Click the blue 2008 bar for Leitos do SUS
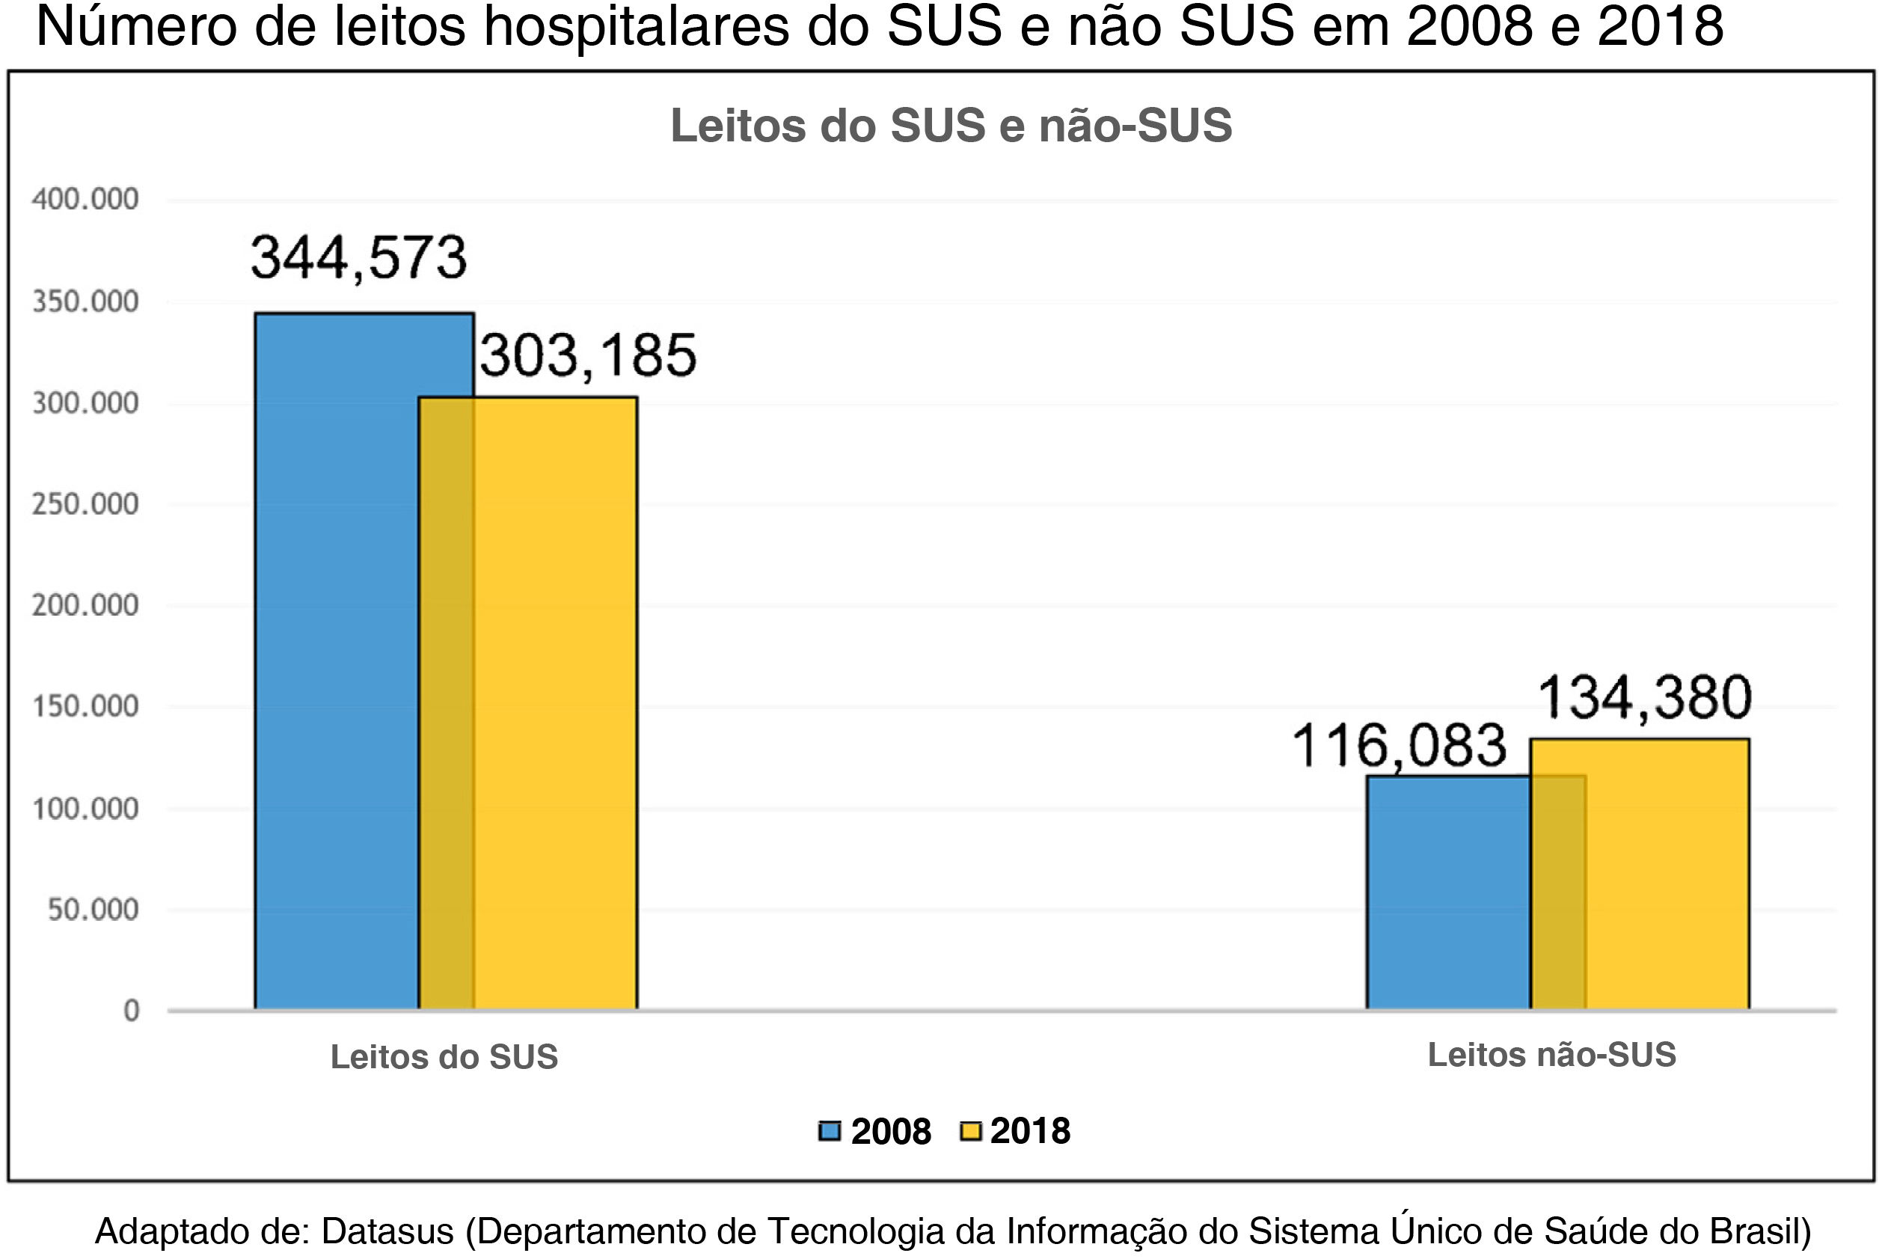tap(337, 658)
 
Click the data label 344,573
tap(359, 259)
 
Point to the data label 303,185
tap(588, 355)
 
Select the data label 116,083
tap(1399, 746)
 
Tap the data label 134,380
tap(1643, 697)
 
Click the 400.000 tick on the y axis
tap(85, 199)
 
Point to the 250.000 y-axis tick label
tap(85, 504)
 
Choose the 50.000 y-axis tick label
tap(94, 910)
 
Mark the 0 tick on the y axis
tap(131, 1011)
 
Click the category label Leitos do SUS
tap(444, 1058)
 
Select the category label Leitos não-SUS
tap(1551, 1055)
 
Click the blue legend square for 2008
tap(830, 1131)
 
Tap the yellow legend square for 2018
tap(971, 1131)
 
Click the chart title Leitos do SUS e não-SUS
tap(951, 126)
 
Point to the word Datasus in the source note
tap(387, 1231)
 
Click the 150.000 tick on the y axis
tap(85, 707)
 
